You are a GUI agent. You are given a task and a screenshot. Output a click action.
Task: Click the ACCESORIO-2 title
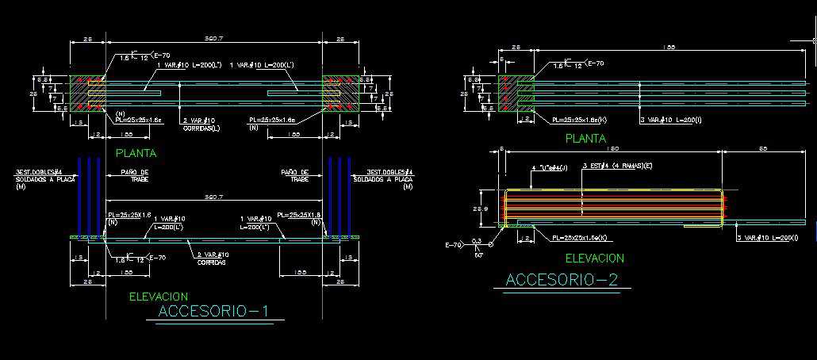pyautogui.click(x=562, y=279)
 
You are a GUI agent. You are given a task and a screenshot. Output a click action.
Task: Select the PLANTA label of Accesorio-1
pyautogui.click(x=136, y=153)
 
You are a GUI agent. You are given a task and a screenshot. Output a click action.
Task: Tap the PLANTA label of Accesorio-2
pyautogui.click(x=585, y=139)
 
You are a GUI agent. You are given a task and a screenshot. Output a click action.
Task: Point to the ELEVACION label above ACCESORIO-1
pyautogui.click(x=159, y=297)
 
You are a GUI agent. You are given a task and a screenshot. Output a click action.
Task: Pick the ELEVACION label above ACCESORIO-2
pyautogui.click(x=594, y=258)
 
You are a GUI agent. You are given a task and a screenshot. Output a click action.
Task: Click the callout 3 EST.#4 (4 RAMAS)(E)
pyautogui.click(x=616, y=166)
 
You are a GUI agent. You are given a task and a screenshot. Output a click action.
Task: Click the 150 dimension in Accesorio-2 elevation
pyautogui.click(x=612, y=149)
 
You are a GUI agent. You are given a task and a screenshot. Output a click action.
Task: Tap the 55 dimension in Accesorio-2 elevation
pyautogui.click(x=762, y=149)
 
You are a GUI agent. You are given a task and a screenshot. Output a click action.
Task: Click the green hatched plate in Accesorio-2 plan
pyautogui.click(x=515, y=94)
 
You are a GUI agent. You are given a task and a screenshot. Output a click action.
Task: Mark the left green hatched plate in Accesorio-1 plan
pyautogui.click(x=87, y=94)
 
